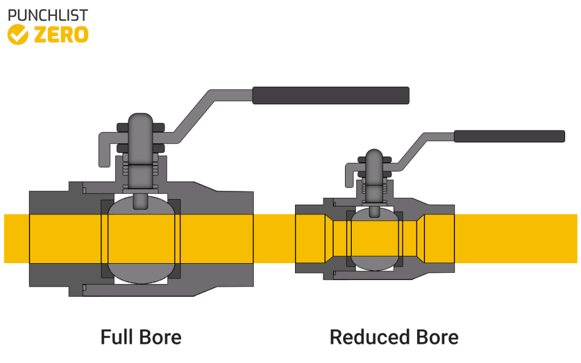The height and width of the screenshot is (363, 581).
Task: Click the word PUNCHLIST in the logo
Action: pos(48,15)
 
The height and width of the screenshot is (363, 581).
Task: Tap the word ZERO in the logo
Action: pos(61,35)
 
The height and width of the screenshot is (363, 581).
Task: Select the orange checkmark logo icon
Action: pos(18,35)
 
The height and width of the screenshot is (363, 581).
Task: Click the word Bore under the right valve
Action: pos(435,337)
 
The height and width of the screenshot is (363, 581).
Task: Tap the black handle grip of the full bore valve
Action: pos(331,95)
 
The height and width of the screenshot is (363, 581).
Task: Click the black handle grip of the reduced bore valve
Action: pos(509,136)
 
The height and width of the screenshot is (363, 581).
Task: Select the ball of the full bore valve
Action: pos(141,238)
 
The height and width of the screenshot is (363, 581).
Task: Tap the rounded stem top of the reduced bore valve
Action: pos(374,157)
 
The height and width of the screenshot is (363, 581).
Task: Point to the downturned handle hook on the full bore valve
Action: pos(103,151)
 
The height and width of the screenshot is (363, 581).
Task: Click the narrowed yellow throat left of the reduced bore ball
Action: pos(339,238)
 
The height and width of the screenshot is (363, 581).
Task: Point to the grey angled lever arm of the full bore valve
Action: pos(193,113)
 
